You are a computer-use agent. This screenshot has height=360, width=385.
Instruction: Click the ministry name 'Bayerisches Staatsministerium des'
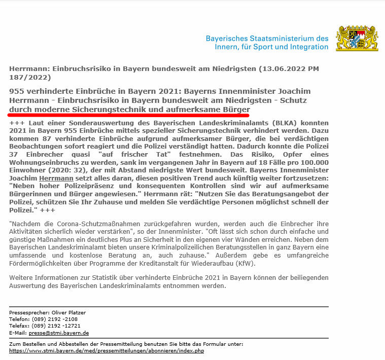[x=267, y=39]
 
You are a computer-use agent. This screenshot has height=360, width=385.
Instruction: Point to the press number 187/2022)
[x=30, y=78]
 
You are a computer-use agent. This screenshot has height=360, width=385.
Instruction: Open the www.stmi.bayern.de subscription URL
[x=107, y=350]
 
